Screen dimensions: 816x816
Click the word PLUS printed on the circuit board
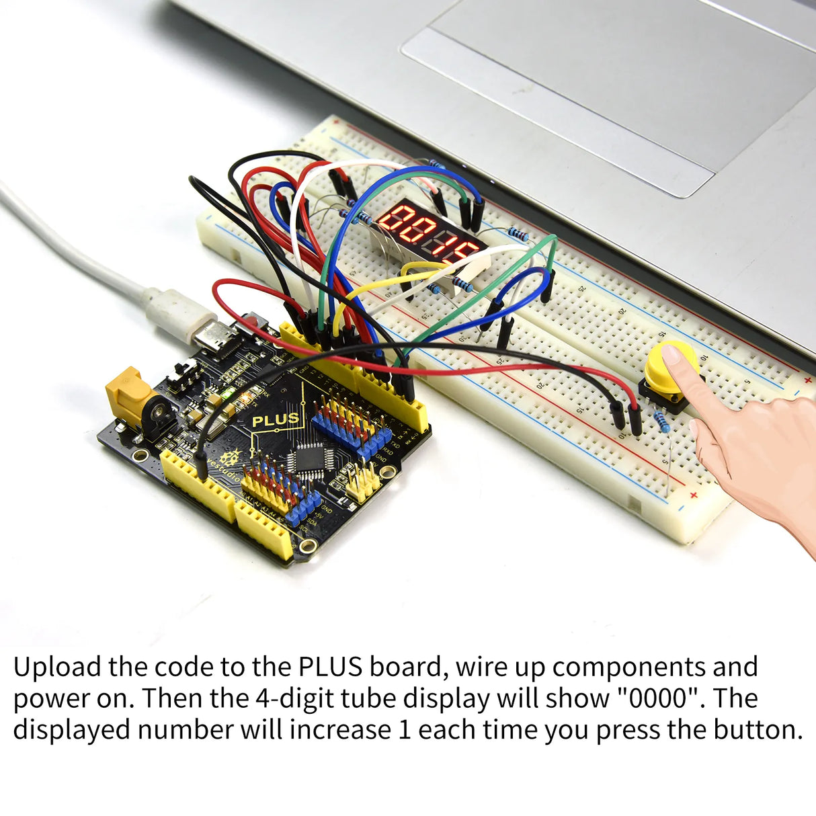(x=275, y=420)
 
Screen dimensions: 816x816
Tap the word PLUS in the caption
(x=330, y=667)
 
